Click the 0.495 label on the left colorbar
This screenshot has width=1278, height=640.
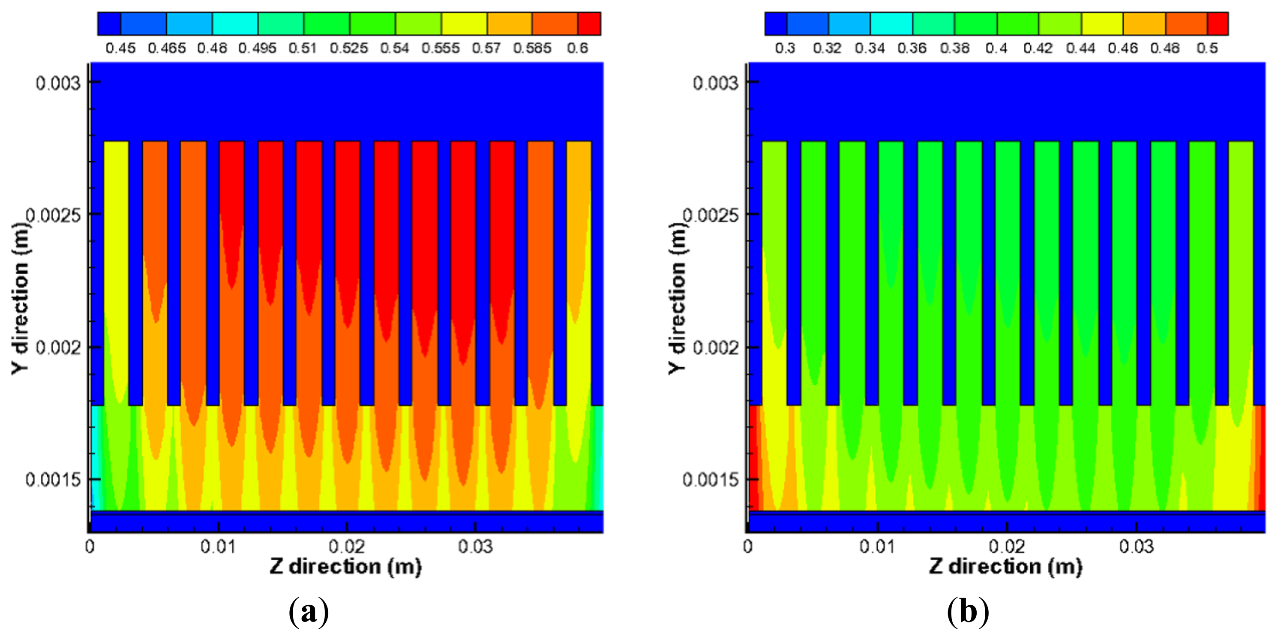tap(257, 48)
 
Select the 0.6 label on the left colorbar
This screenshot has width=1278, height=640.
tap(577, 48)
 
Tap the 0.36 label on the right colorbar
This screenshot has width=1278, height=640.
tap(912, 48)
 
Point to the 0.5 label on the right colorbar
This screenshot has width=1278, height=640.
tap(1206, 48)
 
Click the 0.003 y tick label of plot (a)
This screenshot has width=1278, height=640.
tap(57, 83)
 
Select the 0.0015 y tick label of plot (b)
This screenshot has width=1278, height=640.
tap(710, 480)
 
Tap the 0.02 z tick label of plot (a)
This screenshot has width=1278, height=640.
tap(346, 546)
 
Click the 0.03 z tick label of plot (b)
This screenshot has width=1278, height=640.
tap(1136, 546)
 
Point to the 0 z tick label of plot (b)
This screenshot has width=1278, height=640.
tap(748, 546)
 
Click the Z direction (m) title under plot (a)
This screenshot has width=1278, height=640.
tap(346, 567)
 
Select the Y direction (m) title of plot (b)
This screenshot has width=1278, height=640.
tap(677, 298)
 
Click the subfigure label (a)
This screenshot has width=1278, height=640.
tap(309, 612)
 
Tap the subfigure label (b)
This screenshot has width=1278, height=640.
tap(968, 612)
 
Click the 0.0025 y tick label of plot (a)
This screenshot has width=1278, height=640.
tap(53, 215)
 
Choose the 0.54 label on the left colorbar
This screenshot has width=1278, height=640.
tap(394, 48)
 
